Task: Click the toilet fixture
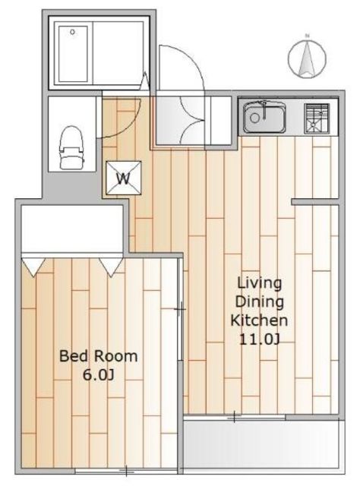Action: [71, 147]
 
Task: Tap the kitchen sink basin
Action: [264, 117]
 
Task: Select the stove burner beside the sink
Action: [316, 118]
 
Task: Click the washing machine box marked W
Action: [123, 178]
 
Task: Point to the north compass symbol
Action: [307, 58]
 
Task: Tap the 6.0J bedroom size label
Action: [98, 375]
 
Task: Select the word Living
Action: [260, 283]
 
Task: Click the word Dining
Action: [260, 301]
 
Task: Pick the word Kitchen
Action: [259, 320]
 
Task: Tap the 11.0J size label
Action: [260, 339]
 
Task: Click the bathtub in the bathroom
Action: [73, 54]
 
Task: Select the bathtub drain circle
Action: [73, 32]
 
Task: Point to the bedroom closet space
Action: [72, 229]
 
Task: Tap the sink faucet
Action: [264, 109]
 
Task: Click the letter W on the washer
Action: [123, 178]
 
